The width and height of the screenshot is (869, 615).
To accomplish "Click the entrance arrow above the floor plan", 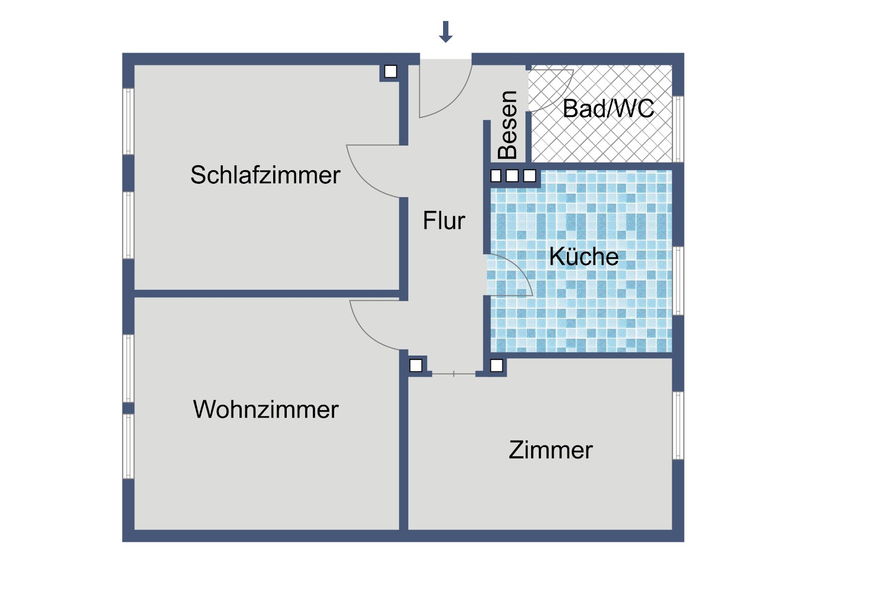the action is coord(446,32).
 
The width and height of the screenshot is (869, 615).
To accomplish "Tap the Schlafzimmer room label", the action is coord(266,175).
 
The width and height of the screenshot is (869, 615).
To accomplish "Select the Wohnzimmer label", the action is coord(266,409).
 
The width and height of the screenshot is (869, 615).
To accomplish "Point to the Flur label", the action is coord(444,221).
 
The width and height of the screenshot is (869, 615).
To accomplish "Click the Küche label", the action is coord(584,257).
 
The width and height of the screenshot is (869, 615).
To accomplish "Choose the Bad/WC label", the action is coord(608,108).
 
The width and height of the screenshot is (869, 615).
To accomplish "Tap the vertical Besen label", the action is coord(508,125).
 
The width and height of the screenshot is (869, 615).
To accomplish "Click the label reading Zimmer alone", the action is coord(551,450).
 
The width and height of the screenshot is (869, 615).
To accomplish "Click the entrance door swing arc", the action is coord(458,102).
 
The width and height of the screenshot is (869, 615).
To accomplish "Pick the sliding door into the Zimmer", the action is coord(454,374).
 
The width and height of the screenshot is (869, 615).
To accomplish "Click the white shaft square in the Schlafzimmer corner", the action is coord(391,71).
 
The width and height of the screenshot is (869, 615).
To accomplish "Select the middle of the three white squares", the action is coord(513,176).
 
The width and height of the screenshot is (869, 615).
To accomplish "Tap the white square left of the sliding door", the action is coord(416,365).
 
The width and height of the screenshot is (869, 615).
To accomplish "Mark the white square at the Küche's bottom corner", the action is coord(496,365).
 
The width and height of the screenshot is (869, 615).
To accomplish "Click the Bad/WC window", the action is coord(678,129).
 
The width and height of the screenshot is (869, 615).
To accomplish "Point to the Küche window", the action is coord(678,281).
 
